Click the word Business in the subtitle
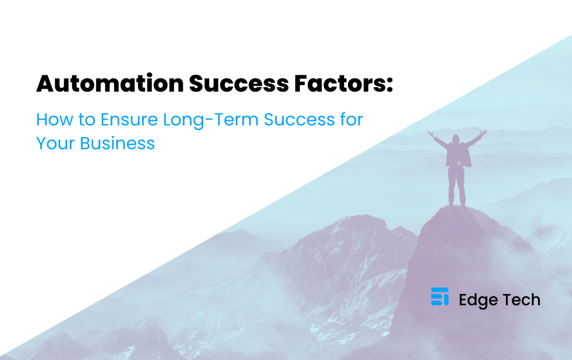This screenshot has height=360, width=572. (x=117, y=143)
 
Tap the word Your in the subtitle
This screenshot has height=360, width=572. (x=55, y=143)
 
